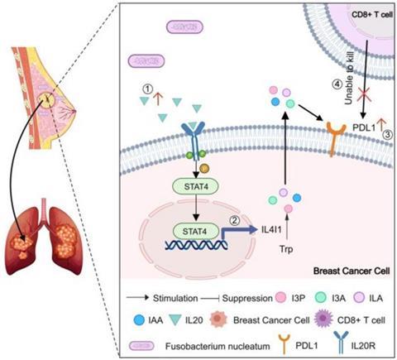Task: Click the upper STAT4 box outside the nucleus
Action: click(195, 186)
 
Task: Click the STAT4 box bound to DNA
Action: click(195, 231)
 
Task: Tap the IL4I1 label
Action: click(271, 229)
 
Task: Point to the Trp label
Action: click(286, 249)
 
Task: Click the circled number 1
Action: click(148, 89)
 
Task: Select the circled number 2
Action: click(235, 220)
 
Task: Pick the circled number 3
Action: click(388, 135)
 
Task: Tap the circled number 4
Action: click(337, 84)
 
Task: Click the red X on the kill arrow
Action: click(364, 94)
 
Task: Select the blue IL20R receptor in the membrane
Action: click(193, 141)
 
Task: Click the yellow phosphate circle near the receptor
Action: click(204, 168)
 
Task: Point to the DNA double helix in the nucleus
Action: click(196, 245)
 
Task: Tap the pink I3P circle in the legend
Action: click(281, 298)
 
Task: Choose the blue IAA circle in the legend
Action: click(139, 320)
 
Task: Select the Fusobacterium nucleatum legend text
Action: click(218, 346)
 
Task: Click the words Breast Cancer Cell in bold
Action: click(352, 271)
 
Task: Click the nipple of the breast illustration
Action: click(74, 111)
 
